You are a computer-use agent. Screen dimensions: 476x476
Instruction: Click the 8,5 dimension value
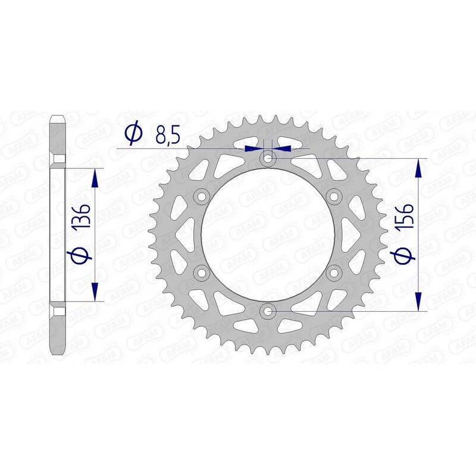[x=167, y=136]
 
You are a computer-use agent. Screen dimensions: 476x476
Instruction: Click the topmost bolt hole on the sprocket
[x=268, y=159]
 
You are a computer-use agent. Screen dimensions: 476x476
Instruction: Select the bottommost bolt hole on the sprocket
[x=268, y=311]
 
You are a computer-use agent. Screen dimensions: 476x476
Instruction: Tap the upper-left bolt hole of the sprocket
[x=202, y=197]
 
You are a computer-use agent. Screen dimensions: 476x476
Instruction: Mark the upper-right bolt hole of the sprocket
[x=333, y=197]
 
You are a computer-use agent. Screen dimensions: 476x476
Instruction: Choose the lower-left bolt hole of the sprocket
[x=202, y=273]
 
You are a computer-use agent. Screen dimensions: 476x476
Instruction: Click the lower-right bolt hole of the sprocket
[x=333, y=273]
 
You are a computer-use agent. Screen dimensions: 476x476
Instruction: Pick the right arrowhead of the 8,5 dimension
[x=280, y=147]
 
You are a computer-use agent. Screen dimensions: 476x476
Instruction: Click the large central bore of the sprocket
[x=268, y=235]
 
